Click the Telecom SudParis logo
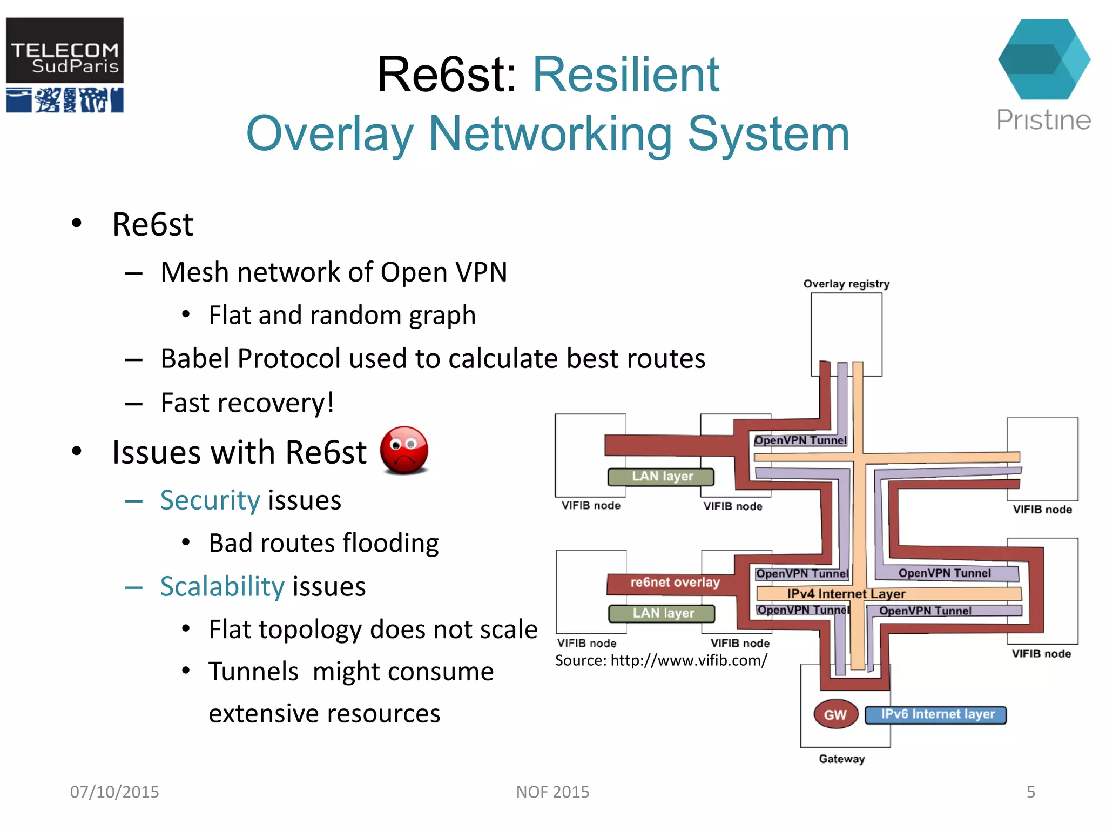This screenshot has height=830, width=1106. click(x=65, y=65)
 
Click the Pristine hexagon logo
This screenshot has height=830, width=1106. click(x=1044, y=59)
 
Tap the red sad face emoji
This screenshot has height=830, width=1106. click(x=404, y=450)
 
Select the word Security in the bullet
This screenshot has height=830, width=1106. click(x=210, y=500)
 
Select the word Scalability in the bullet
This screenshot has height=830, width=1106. click(x=222, y=586)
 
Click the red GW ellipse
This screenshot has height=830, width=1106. click(x=835, y=715)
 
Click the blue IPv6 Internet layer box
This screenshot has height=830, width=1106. click(x=936, y=714)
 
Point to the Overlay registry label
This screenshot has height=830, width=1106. click(x=846, y=284)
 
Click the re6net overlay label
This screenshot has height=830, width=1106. click(x=675, y=583)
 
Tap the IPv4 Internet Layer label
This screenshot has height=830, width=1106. click(x=846, y=594)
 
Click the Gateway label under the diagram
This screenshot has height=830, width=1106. click(x=841, y=759)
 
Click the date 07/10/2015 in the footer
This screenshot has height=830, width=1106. click(x=114, y=792)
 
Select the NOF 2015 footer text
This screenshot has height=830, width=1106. click(x=552, y=792)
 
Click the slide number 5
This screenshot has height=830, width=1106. click(x=1030, y=792)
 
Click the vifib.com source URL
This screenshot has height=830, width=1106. click(x=689, y=660)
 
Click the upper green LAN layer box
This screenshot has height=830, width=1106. click(x=662, y=477)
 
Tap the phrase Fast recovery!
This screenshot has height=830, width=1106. click(x=247, y=403)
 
